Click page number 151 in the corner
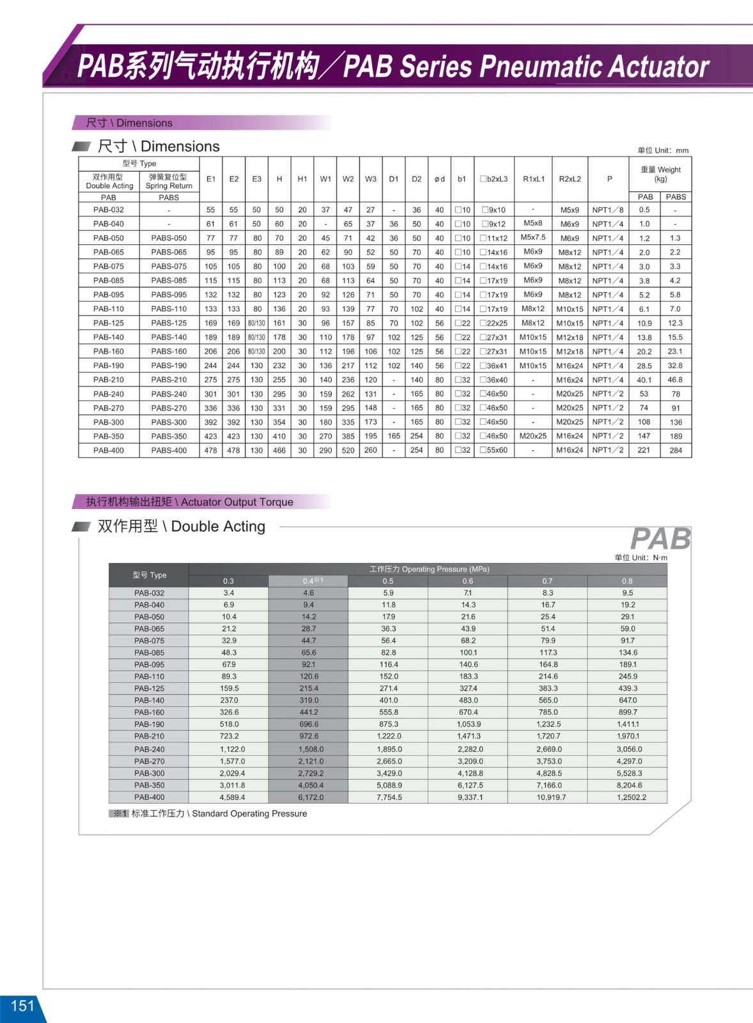22,1006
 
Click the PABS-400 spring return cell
169,450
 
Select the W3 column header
371,179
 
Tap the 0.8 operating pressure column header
627,581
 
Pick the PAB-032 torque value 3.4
229,593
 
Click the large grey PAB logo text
660,539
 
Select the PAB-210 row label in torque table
149,737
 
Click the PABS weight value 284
676,450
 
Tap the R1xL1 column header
534,179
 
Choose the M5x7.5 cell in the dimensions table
533,237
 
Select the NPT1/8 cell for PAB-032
608,210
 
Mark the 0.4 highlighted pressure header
309,581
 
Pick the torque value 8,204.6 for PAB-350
629,785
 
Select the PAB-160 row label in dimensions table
109,351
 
